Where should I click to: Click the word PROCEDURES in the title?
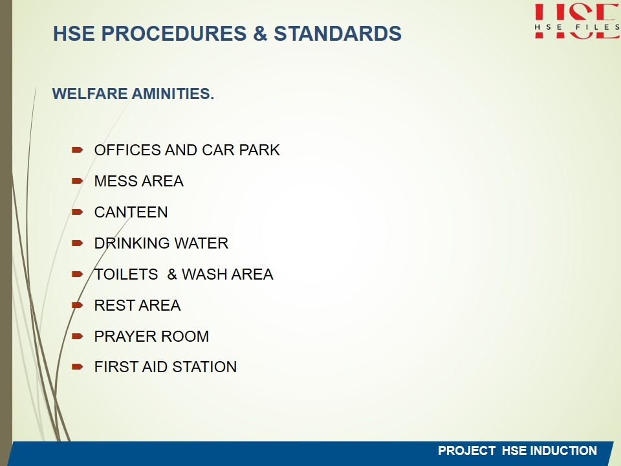[174, 33]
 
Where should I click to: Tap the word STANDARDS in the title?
[338, 33]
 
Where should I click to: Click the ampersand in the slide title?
[260, 33]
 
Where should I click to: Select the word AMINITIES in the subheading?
[173, 94]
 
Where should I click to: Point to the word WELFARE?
[90, 94]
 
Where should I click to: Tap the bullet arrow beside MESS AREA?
[77, 181]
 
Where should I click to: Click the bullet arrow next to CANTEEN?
[77, 212]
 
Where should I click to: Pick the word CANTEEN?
[131, 212]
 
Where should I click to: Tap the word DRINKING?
[132, 243]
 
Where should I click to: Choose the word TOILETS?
[126, 274]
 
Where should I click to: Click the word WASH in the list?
[204, 274]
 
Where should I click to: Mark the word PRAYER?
[125, 337]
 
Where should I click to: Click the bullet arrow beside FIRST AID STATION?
[77, 367]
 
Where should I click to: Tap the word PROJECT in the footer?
[466, 450]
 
